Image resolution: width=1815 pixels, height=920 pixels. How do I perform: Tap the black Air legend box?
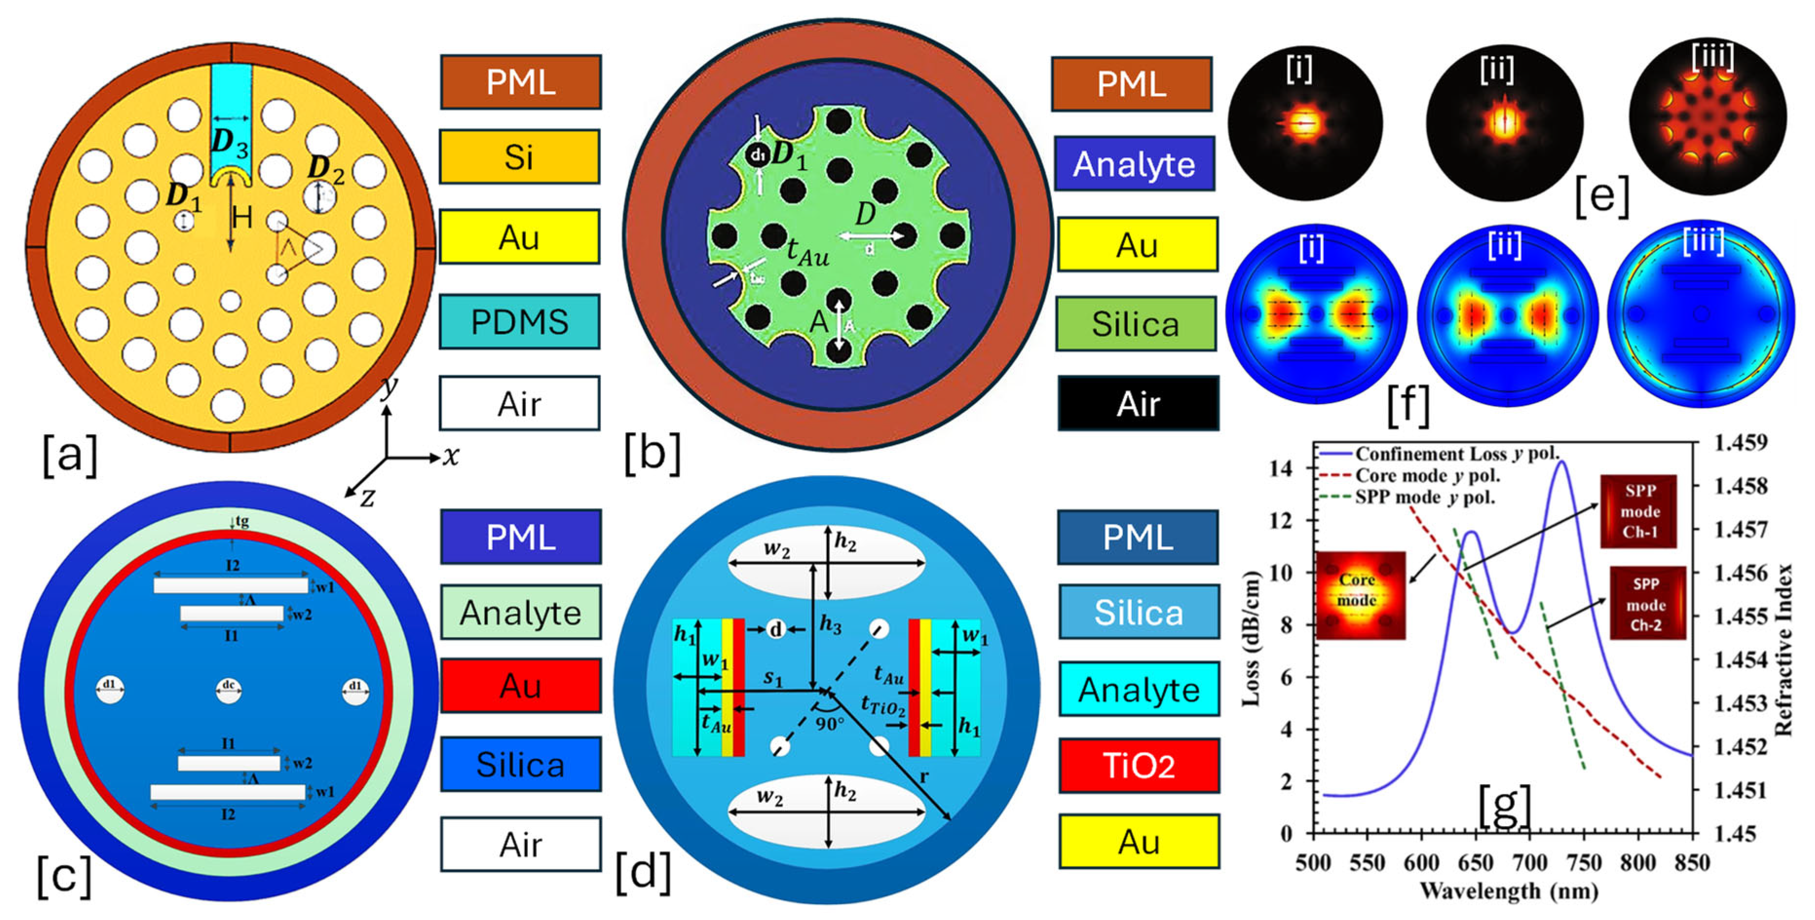1138,404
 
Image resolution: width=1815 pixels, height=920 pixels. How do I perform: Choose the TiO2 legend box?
1139,766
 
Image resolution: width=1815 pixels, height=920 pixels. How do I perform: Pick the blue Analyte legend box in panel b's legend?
1134,164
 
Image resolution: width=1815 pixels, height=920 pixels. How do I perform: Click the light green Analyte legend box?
521,612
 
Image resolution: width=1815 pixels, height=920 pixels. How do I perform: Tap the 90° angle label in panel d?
830,723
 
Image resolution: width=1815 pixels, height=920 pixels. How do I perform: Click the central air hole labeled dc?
228,690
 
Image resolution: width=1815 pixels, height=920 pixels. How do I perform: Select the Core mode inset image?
1360,595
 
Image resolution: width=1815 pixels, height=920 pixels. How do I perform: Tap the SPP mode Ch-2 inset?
1647,604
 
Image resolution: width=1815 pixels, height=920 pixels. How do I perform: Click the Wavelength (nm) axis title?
1508,892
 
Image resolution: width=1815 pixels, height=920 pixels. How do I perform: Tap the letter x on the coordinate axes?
451,457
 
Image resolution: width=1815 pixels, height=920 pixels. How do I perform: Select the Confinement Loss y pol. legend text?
1457,454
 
